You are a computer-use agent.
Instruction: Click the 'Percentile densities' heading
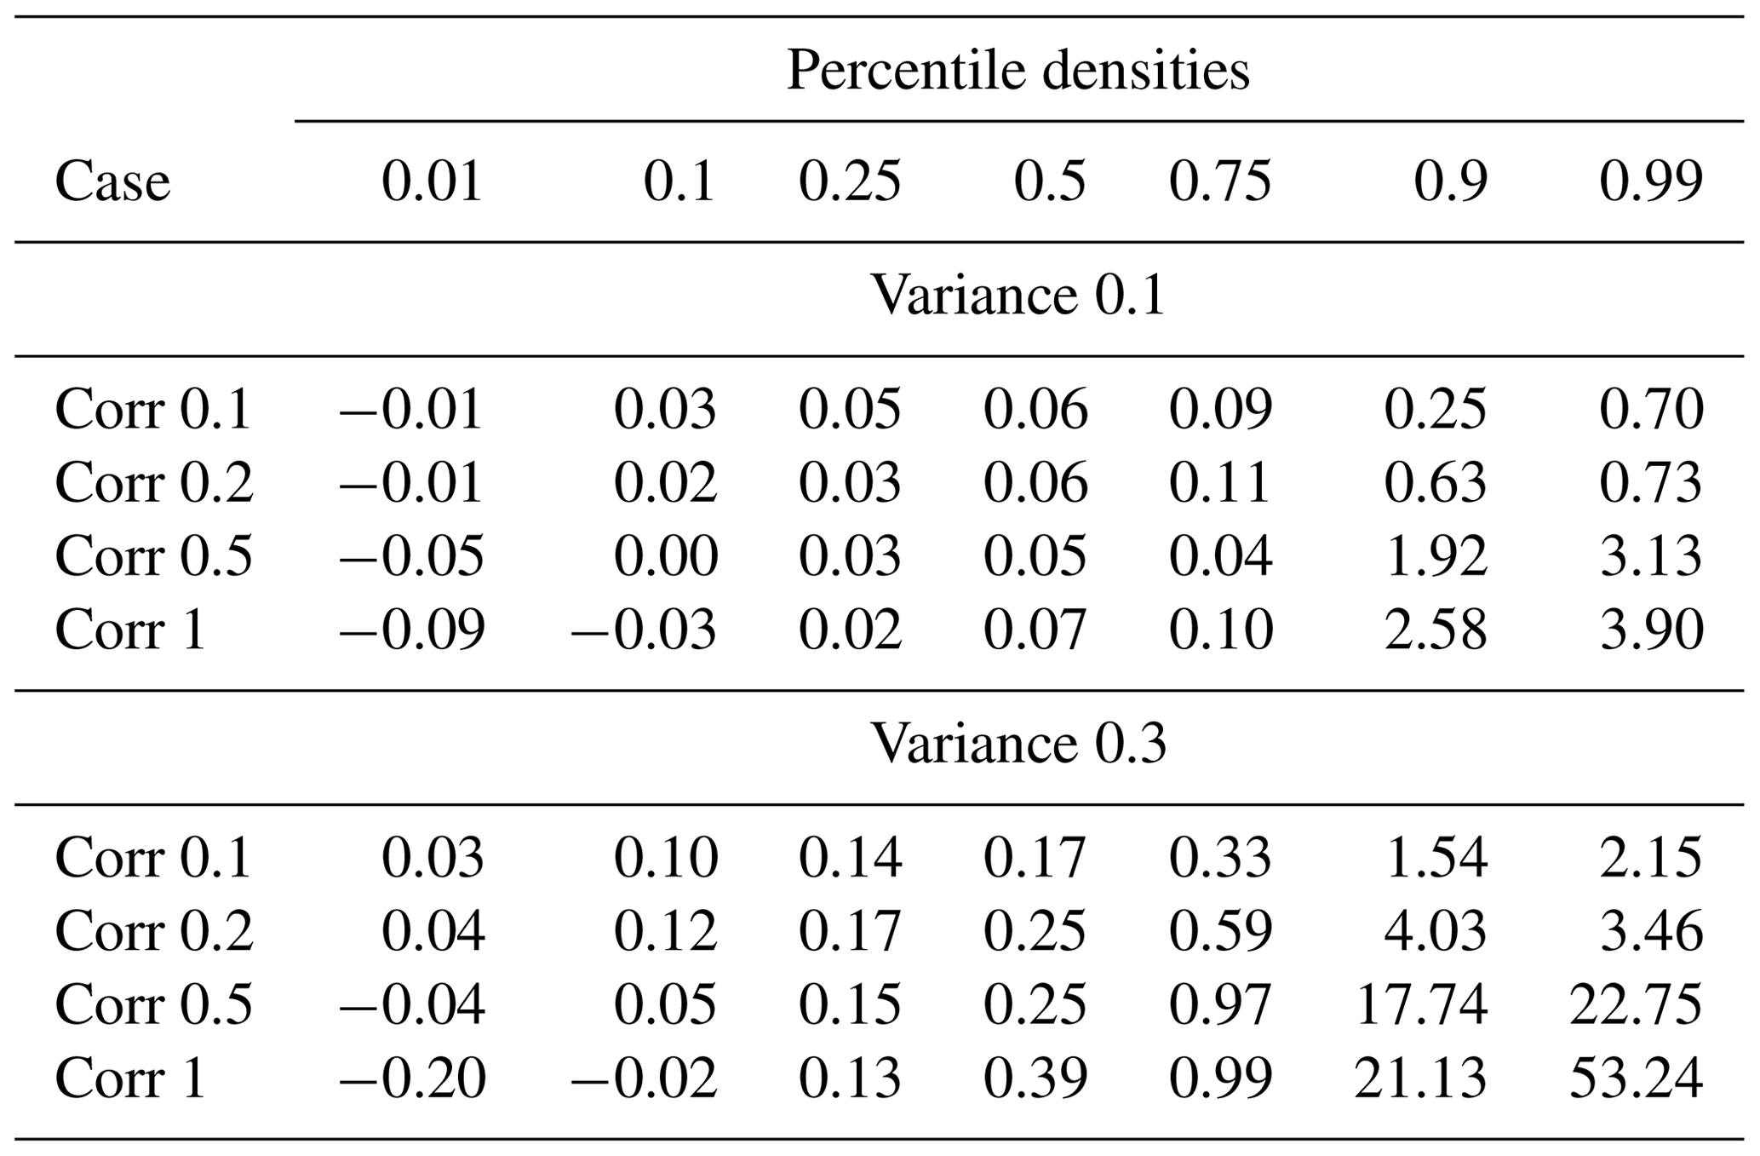coord(1018,70)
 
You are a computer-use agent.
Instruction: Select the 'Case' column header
coord(112,181)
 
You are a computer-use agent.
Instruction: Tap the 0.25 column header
coord(849,181)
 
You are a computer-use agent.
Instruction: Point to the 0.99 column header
coord(1651,181)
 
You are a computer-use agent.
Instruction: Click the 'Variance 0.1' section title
coord(1018,296)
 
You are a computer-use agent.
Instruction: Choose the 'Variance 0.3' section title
coord(1018,745)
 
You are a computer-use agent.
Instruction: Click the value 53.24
coord(1635,1078)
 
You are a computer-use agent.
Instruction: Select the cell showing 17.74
coord(1420,1004)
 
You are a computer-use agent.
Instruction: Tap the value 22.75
coord(1635,1004)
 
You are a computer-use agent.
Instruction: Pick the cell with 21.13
coord(1420,1078)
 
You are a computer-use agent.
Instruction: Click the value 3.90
coord(1651,630)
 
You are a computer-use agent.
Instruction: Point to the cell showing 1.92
coord(1435,556)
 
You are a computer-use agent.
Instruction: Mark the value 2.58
coord(1435,630)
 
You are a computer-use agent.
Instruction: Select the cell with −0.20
coord(412,1078)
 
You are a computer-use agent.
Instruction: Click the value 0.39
coord(1035,1078)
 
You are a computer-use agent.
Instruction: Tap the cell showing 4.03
coord(1435,930)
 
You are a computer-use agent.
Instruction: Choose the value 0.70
coord(1651,409)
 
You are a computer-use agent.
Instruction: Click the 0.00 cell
coord(665,556)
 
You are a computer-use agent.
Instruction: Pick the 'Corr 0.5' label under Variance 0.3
coord(153,1004)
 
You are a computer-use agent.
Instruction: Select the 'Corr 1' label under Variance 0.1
coord(130,630)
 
